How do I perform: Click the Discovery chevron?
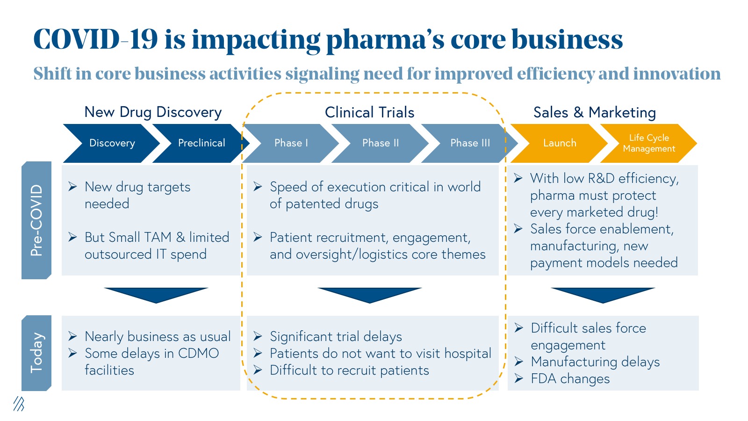click(112, 143)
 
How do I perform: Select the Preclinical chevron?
click(201, 143)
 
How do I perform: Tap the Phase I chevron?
click(291, 143)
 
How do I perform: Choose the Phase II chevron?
click(381, 143)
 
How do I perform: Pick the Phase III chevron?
click(470, 143)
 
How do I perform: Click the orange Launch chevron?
click(560, 143)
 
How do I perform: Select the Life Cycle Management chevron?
click(649, 143)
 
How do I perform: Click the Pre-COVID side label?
click(36, 220)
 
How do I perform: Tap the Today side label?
click(36, 353)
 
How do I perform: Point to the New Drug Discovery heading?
click(153, 112)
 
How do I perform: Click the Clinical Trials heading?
click(369, 112)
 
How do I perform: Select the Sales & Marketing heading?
click(595, 112)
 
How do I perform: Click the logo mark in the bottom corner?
click(19, 404)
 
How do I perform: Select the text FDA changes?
click(570, 378)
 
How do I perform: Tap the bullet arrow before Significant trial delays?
click(258, 336)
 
